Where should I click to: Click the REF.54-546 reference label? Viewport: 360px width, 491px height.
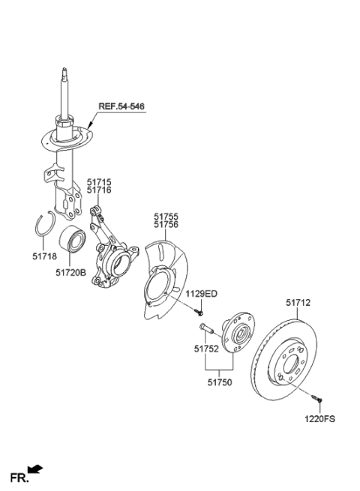(x=118, y=107)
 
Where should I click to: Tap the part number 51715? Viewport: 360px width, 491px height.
(x=98, y=182)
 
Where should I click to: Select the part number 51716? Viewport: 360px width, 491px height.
(x=98, y=191)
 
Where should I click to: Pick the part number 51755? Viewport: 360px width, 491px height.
(x=166, y=214)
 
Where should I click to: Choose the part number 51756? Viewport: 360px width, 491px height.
(x=166, y=223)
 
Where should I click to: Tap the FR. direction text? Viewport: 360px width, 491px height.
(x=18, y=476)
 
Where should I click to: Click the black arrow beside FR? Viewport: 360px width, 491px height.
(x=37, y=471)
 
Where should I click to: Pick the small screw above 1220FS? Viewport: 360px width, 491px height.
(x=314, y=400)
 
